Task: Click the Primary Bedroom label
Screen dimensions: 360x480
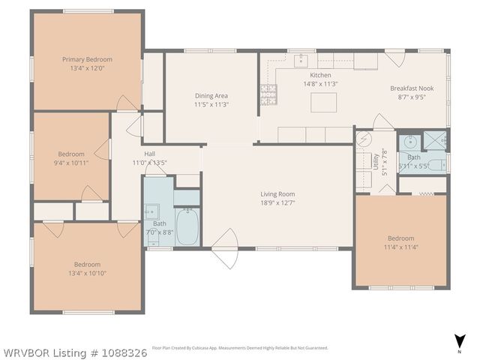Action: [87, 59]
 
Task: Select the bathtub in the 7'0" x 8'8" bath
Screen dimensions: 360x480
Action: [187, 226]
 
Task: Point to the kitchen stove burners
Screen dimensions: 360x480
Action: [268, 94]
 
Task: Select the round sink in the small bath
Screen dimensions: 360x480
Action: [410, 140]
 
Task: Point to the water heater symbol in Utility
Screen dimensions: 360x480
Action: [364, 139]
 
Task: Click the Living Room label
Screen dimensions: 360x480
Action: [278, 193]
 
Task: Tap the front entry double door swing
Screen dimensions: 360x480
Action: [224, 247]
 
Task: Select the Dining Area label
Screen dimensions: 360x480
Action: [211, 95]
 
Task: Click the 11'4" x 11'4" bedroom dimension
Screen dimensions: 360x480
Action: [400, 247]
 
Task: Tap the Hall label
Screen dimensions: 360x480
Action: [150, 154]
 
